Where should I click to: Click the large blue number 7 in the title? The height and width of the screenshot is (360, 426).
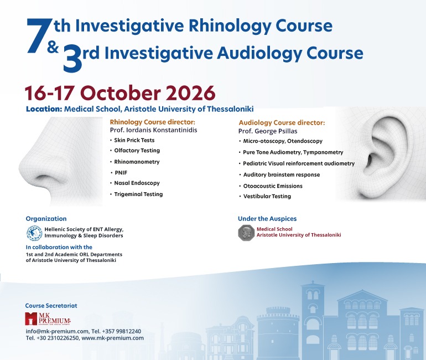pos(39,35)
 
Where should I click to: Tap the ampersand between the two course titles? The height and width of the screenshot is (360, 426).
pos(53,47)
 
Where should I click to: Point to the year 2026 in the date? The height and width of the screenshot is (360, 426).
pos(190,92)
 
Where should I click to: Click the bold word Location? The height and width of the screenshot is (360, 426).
pos(44,109)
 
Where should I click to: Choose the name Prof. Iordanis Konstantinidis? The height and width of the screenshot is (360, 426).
pos(153,130)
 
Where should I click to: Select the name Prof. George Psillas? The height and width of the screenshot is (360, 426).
pos(268,131)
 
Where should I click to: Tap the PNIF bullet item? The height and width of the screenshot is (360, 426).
pos(121,173)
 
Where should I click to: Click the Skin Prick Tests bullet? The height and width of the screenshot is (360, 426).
pos(134,140)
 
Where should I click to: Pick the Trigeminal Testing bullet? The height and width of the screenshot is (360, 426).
pos(138,194)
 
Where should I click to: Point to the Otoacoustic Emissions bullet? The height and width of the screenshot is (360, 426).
pos(273,186)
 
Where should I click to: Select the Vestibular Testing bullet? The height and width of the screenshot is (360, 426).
pos(267,196)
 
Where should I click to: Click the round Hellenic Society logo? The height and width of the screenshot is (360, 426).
pos(34,233)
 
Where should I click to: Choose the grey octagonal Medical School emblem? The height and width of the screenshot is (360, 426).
pos(246,233)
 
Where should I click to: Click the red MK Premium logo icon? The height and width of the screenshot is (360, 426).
pos(30,318)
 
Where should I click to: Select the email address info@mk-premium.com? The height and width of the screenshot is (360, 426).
pos(57,331)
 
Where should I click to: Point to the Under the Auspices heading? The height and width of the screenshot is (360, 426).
pos(267,219)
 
